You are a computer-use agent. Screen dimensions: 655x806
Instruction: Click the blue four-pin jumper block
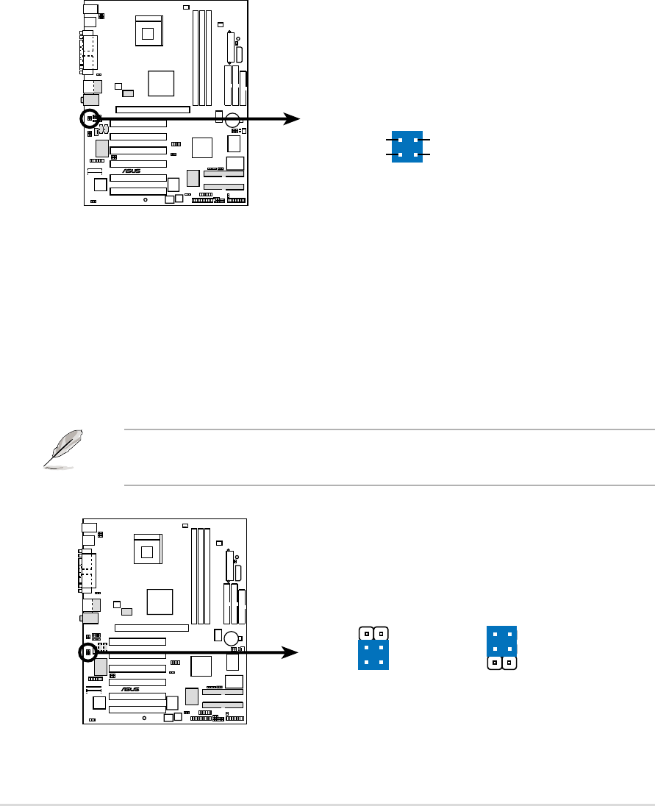407,147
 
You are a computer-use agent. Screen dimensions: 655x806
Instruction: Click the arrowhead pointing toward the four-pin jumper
293,119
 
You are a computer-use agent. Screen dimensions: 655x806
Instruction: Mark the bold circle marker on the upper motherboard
89,118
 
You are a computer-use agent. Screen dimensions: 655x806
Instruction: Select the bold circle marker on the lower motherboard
88,652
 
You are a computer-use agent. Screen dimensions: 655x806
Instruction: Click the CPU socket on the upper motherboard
151,32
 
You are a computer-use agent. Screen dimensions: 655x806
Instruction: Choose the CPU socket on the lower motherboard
150,550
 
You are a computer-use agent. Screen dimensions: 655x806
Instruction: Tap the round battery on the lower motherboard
233,638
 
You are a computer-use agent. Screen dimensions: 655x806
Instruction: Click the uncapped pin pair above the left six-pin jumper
373,632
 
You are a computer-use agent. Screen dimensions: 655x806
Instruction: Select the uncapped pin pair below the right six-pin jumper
502,663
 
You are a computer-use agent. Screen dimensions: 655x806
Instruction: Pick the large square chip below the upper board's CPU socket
161,83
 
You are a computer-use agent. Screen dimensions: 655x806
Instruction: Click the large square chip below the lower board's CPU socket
160,601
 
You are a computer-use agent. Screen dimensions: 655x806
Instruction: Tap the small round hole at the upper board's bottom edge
145,199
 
